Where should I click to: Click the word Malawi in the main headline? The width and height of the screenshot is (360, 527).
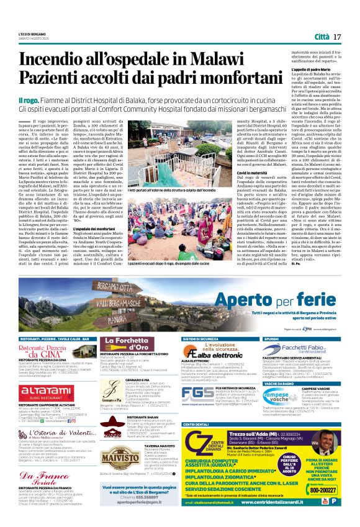[199, 60]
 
